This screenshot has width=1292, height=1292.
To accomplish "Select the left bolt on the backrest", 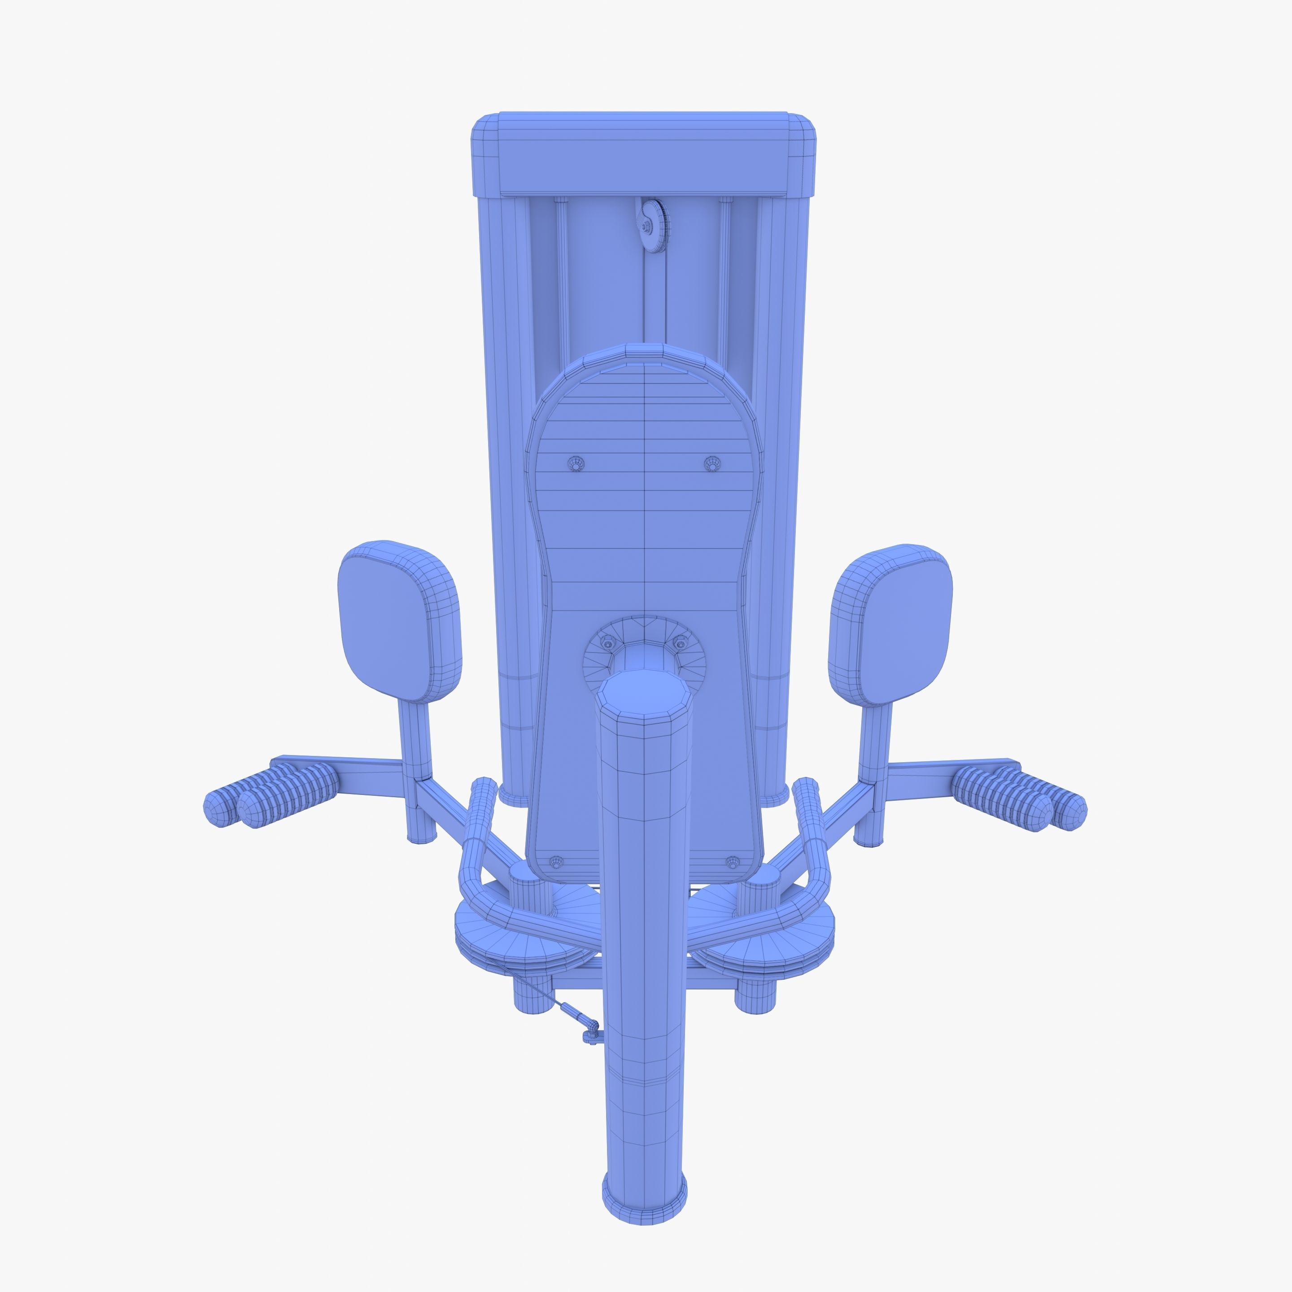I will click(576, 463).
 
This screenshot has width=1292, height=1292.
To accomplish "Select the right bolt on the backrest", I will click(713, 463).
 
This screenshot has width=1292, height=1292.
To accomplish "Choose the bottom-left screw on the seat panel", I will click(555, 862).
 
